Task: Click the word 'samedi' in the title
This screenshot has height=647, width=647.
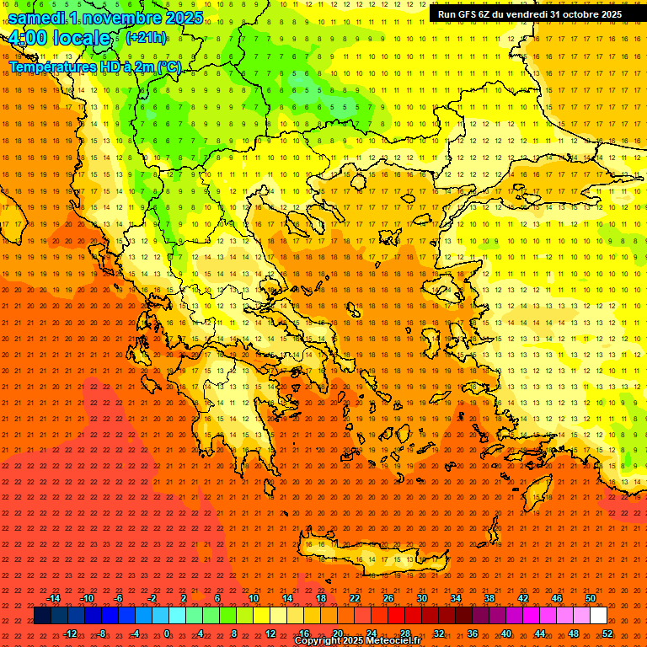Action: (38, 18)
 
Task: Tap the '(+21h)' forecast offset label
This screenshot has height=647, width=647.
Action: (145, 37)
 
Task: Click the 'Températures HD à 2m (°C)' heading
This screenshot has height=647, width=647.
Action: (94, 67)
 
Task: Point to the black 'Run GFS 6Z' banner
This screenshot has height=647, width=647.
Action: (530, 14)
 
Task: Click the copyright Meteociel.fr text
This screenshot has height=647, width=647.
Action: (357, 641)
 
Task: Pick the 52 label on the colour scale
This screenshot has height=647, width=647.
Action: (607, 634)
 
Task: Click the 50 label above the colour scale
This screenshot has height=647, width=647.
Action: (591, 598)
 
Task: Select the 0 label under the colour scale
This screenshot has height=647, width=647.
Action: (167, 634)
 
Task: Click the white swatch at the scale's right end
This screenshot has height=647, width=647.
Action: (598, 616)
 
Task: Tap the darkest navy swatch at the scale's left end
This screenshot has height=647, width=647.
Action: (42, 616)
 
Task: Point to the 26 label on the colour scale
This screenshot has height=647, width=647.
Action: (388, 598)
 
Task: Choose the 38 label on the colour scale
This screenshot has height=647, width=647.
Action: (489, 598)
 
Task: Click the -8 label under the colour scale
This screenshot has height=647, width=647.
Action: (102, 634)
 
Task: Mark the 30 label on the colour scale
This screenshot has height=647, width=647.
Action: (422, 598)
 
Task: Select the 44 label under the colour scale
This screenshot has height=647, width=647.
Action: (540, 634)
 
